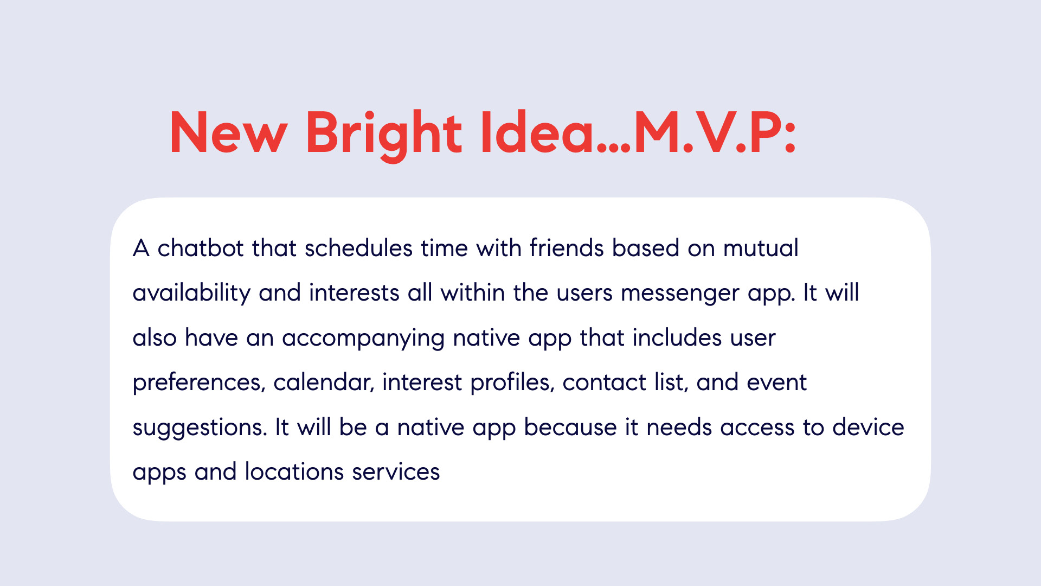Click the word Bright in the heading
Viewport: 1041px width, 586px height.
pos(384,135)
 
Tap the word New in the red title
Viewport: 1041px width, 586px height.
pos(228,132)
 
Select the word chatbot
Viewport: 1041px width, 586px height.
pos(201,248)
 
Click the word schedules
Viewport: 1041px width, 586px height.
pos(359,248)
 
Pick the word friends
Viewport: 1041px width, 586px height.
pos(567,248)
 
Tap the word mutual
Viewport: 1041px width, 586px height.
pos(761,248)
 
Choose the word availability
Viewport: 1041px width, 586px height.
pos(191,294)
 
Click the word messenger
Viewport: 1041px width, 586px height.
pos(680,294)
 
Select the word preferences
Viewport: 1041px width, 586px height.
pos(199,383)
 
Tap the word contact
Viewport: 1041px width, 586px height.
pos(605,383)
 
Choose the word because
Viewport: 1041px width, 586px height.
pos(570,428)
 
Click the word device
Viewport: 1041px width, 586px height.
pos(869,428)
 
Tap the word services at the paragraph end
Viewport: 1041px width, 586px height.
pos(396,472)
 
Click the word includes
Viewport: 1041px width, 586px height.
pos(677,338)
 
